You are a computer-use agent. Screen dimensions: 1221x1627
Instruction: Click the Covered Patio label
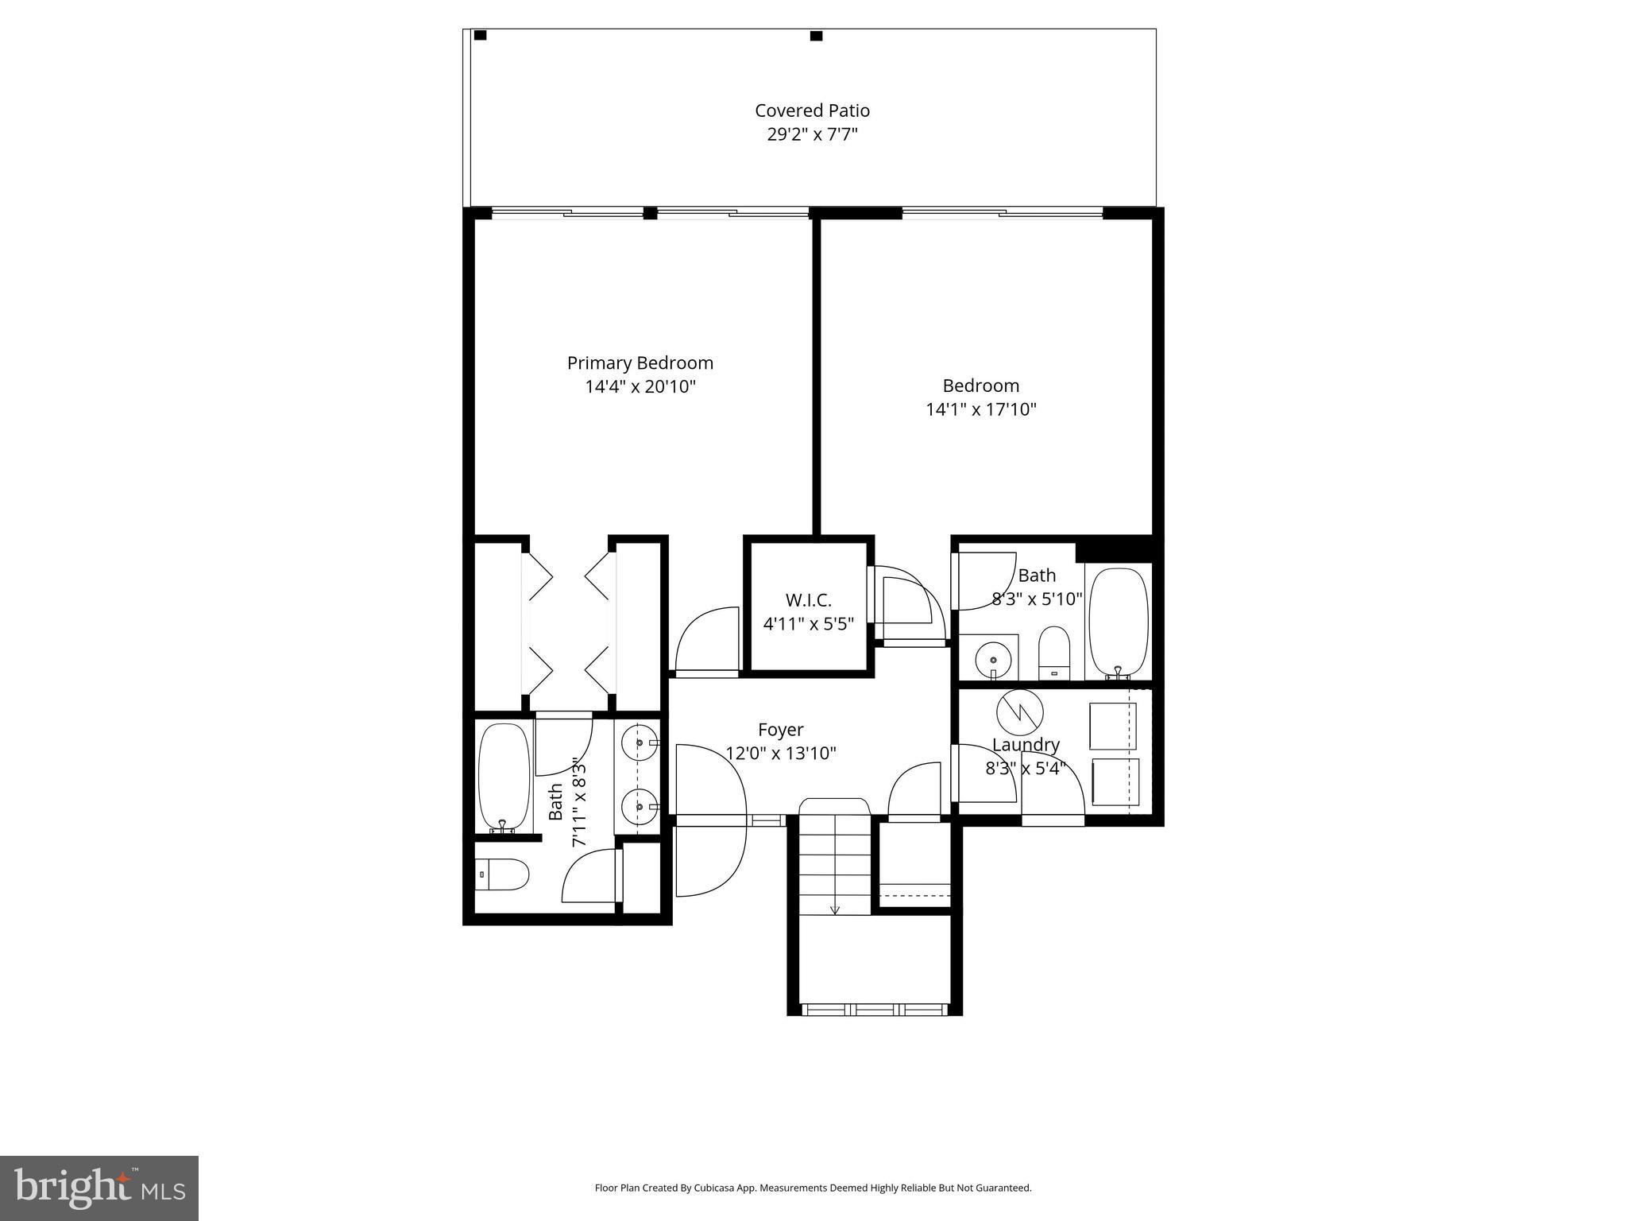point(812,110)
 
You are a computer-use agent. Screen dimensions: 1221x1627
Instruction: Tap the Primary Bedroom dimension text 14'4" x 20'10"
point(640,387)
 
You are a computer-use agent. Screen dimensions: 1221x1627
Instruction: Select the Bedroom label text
point(980,386)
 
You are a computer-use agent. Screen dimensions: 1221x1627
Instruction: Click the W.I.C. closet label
point(808,600)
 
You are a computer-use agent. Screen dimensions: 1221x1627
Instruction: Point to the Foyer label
point(780,729)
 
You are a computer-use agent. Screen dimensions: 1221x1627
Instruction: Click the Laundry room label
point(1026,745)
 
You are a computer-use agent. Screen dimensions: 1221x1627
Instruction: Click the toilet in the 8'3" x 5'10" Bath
point(1054,653)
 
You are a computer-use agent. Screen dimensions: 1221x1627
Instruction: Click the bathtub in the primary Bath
point(504,777)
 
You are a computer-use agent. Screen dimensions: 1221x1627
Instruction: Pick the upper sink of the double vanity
point(640,743)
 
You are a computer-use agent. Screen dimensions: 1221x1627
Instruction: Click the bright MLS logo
point(99,1188)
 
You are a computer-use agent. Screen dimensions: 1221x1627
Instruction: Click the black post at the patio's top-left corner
point(480,35)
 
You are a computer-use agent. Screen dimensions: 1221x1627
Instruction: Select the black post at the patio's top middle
point(816,36)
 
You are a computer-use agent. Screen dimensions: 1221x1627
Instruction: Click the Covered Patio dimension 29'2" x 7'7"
point(812,134)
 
